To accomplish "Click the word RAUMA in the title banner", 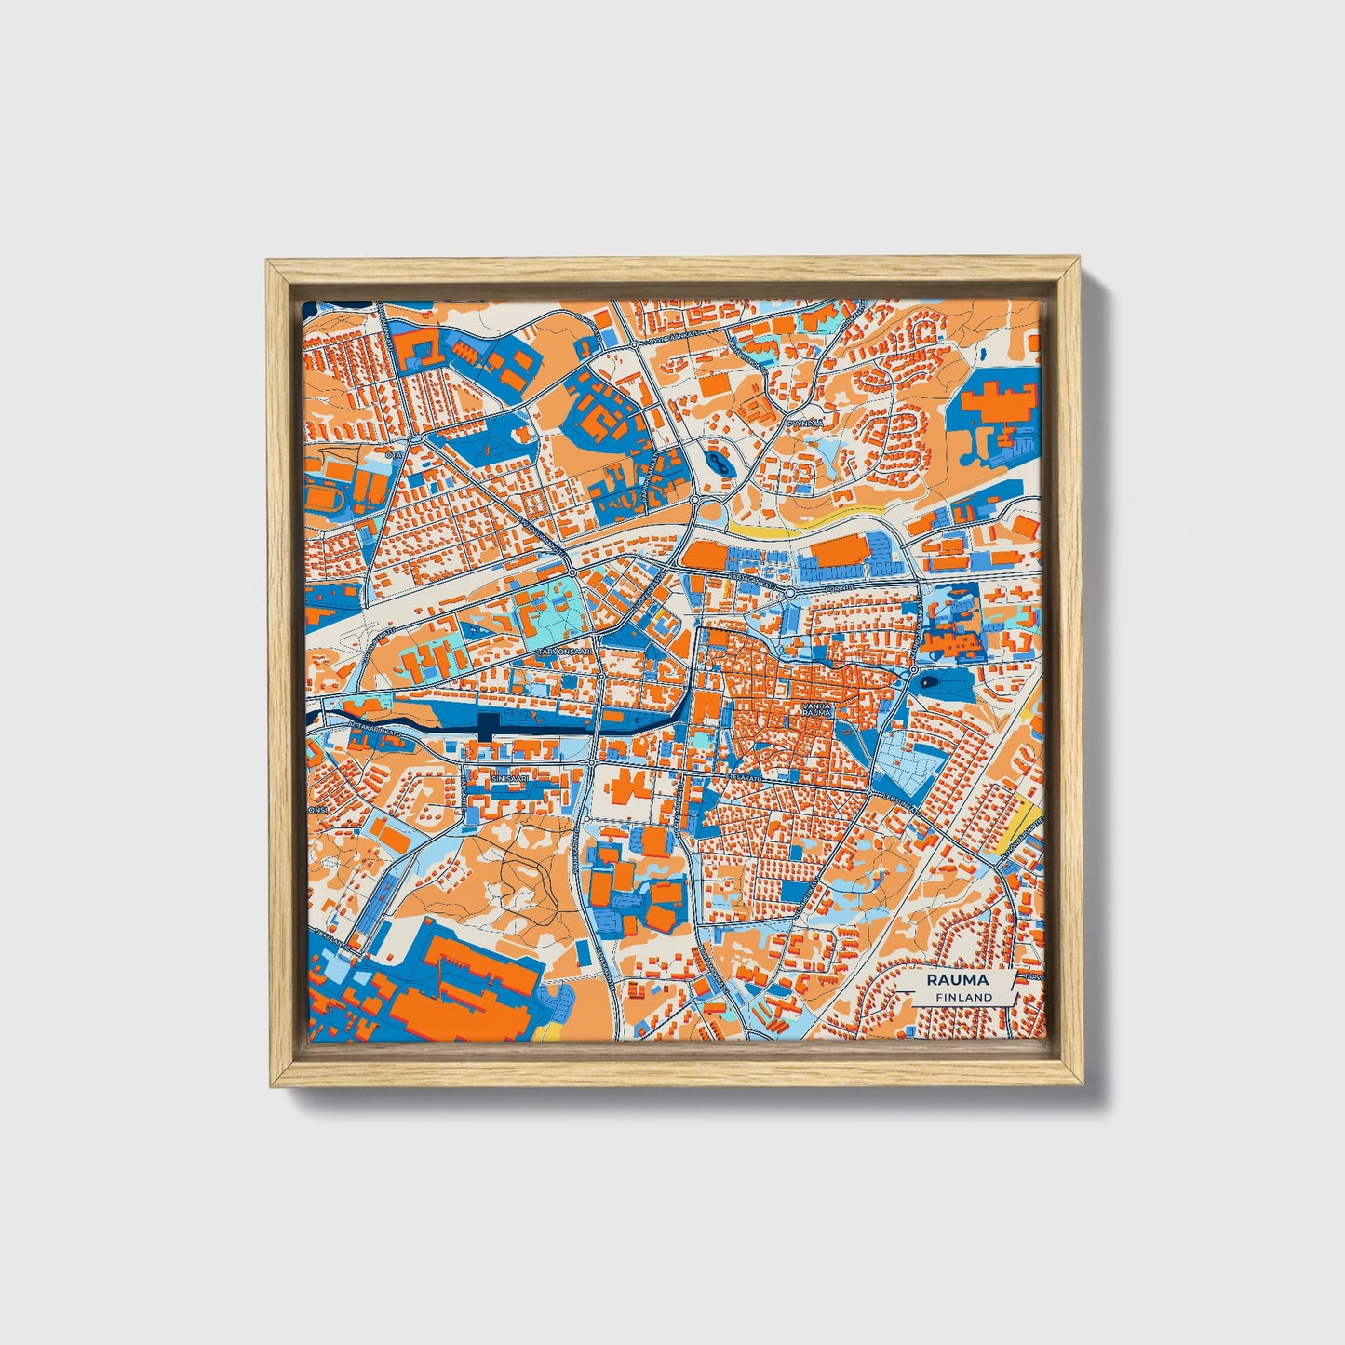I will (x=957, y=980).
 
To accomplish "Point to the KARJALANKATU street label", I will (x=754, y=577).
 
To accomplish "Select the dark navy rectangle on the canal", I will (x=487, y=728).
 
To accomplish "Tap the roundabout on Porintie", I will (x=790, y=592).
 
